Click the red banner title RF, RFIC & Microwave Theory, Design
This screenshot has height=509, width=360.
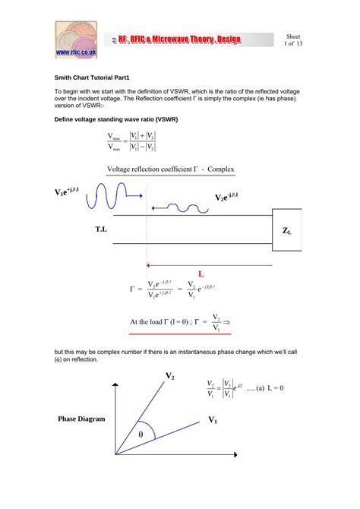[188, 39]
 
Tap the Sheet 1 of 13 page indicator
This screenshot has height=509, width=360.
[293, 40]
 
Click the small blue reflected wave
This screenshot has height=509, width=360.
[180, 206]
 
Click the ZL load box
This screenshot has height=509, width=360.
[287, 230]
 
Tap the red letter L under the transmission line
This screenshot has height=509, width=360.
[201, 273]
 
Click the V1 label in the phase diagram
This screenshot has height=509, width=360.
[213, 420]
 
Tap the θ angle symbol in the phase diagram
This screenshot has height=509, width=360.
[141, 434]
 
